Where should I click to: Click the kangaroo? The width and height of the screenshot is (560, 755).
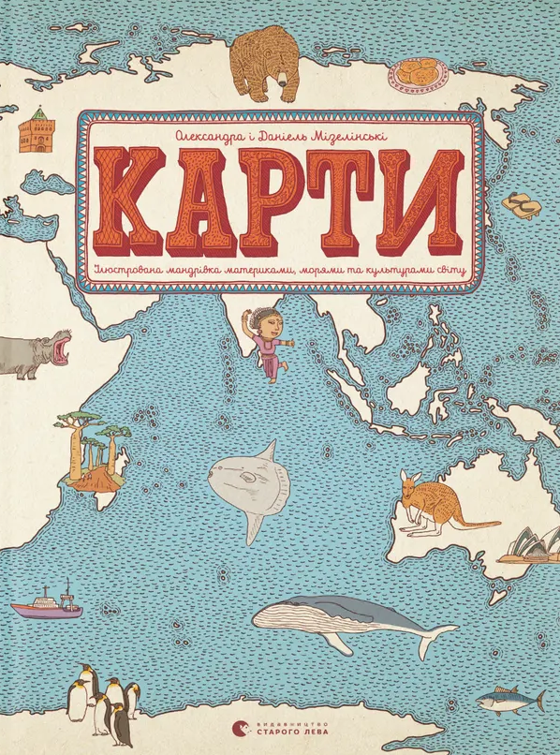tap(425, 506)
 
